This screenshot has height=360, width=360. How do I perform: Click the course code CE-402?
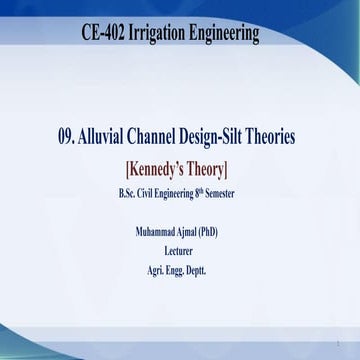[104, 33]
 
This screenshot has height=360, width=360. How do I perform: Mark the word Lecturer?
[180, 251]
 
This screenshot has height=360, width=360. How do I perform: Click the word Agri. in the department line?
[155, 270]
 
